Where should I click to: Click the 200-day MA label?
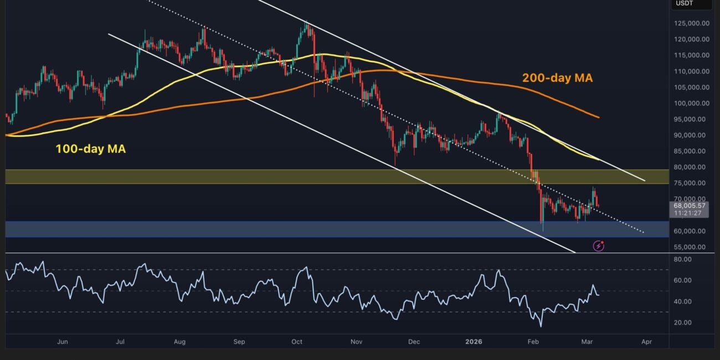point(557,78)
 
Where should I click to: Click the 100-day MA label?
point(90,148)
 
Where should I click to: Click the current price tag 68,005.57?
point(689,205)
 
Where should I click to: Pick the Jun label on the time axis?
point(63,342)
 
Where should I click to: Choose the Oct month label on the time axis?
point(297,342)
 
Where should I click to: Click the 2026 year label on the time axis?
point(473,342)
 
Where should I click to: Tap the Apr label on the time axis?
point(646,342)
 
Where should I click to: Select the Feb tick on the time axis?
point(532,342)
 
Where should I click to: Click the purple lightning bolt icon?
point(598,246)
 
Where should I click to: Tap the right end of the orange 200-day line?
point(599,117)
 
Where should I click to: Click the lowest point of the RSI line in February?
point(540,326)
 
